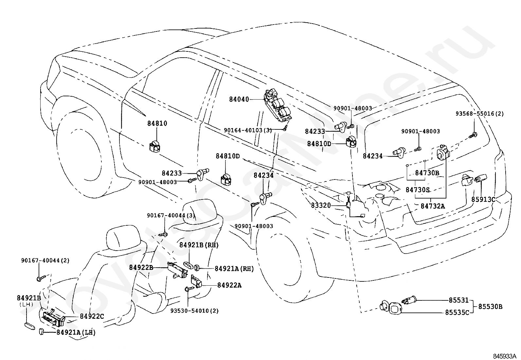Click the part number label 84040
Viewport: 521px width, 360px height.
[x=239, y=100]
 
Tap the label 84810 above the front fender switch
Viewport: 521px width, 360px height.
[x=157, y=123]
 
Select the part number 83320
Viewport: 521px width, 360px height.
[x=321, y=205]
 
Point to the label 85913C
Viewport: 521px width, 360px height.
[x=483, y=199]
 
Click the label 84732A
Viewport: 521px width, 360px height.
[x=433, y=206]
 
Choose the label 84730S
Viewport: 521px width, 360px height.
[x=418, y=190]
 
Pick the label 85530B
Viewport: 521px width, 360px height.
[x=490, y=307]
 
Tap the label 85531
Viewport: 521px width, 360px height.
[x=459, y=300]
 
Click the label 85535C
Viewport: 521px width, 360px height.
[x=457, y=313]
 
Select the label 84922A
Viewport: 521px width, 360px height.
[x=229, y=285]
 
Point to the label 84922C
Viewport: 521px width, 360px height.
[x=92, y=316]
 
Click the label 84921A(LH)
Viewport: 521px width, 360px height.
[x=76, y=332]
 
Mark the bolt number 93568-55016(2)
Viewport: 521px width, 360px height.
[x=479, y=114]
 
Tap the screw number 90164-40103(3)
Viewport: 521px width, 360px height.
[x=248, y=130]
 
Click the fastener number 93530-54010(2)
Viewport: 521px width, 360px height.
[x=194, y=311]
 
